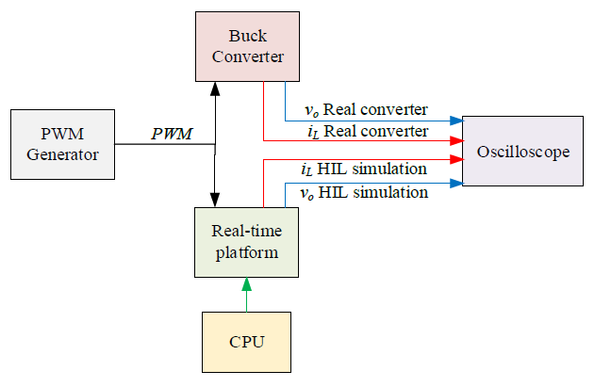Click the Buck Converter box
247,46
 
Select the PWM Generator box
61,144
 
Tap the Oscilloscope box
523,152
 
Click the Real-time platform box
246,242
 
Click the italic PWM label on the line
172,134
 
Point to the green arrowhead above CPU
247,283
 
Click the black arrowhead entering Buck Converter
216,88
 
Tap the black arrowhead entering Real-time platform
216,200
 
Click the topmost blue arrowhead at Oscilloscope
456,121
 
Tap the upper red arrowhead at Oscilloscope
456,141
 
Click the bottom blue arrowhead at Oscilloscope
456,182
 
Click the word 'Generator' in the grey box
61,154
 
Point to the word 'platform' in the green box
246,252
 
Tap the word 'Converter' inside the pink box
247,56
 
